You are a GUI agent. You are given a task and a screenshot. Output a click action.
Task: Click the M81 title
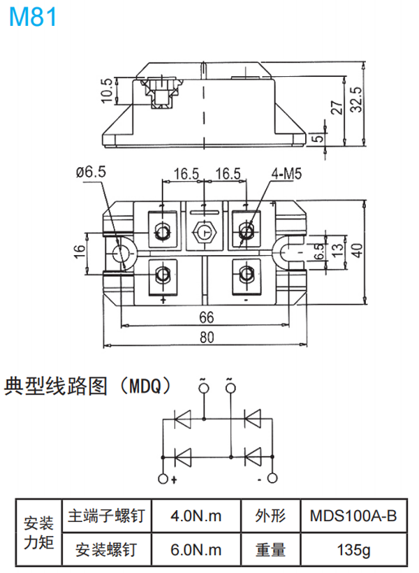(33, 17)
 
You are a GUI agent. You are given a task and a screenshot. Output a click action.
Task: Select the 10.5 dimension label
(107, 89)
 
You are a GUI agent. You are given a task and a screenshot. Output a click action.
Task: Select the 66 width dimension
(205, 317)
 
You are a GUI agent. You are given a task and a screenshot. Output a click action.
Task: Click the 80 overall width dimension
(205, 338)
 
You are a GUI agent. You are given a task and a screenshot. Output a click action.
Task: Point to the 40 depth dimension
(358, 249)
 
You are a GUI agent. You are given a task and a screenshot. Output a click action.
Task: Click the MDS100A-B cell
(353, 516)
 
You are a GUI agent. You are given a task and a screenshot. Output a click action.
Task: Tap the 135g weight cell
(353, 549)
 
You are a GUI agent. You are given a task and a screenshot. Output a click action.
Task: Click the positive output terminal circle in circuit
(163, 479)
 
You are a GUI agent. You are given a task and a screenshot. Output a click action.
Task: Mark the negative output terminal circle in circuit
(272, 479)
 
